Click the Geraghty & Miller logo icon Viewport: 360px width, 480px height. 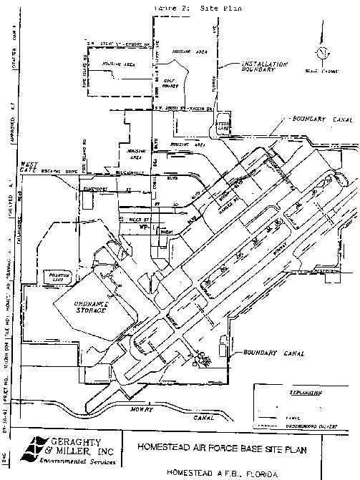tap(31, 449)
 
